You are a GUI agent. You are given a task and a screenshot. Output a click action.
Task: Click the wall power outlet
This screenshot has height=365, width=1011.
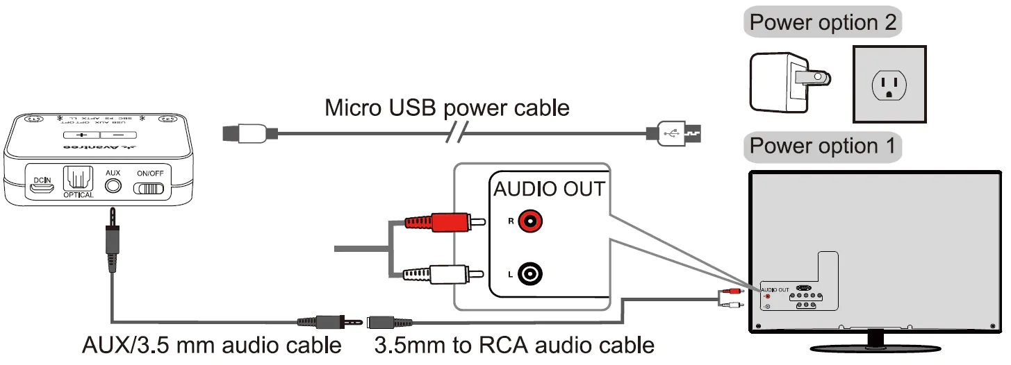point(889,85)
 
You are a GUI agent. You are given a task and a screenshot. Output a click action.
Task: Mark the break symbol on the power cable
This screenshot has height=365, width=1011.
point(460,132)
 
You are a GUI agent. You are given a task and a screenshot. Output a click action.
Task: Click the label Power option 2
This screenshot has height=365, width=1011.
point(823,23)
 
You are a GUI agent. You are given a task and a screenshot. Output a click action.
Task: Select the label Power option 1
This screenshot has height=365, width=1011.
point(823,146)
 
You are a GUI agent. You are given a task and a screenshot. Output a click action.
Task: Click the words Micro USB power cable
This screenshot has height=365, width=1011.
point(447,108)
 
